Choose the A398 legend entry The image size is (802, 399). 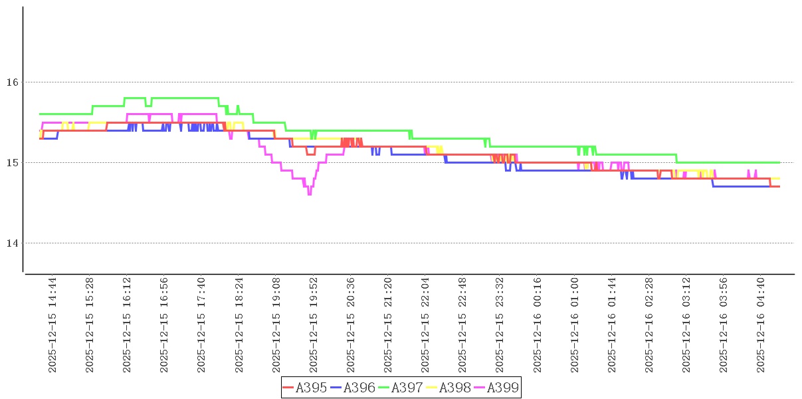tap(454, 388)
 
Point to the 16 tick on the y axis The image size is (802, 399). tap(11, 82)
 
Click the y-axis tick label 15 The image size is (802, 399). tap(11, 163)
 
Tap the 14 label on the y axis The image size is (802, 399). tap(11, 243)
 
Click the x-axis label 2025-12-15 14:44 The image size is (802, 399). tap(52, 325)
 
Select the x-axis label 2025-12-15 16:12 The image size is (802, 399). tap(127, 325)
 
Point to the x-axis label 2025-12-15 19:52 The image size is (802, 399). tap(314, 325)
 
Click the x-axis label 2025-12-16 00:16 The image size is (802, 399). tap(538, 325)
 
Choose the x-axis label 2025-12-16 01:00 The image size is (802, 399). tap(575, 325)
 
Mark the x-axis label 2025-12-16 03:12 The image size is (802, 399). tap(687, 325)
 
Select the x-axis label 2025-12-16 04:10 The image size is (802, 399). tap(761, 325)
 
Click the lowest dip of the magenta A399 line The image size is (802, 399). tap(310, 194)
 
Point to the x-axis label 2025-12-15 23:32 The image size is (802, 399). tap(500, 325)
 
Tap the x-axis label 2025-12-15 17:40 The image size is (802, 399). tap(201, 325)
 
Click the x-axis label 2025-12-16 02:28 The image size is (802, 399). tap(650, 325)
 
